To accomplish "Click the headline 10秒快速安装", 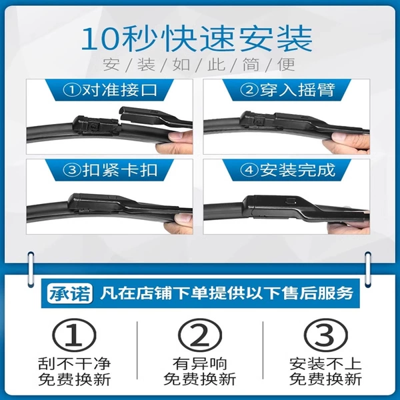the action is click(x=197, y=39).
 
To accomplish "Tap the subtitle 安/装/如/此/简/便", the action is click(x=199, y=65).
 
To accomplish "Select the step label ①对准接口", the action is click(x=110, y=90).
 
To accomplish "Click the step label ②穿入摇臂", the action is click(x=287, y=90).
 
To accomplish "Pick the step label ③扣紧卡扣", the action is click(x=110, y=170).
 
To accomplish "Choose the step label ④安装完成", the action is click(x=287, y=170).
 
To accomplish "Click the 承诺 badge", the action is click(x=69, y=293).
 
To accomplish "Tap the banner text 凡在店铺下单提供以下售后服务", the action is click(x=227, y=293).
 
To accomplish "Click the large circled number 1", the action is click(x=74, y=335).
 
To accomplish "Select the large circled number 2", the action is click(x=200, y=335).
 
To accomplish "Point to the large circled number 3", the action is click(x=326, y=335).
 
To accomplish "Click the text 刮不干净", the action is click(x=74, y=363).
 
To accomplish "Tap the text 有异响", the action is click(x=200, y=363).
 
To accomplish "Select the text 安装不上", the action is click(x=325, y=363).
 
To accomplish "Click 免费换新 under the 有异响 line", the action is click(x=200, y=379).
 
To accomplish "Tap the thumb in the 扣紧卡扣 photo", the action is click(x=183, y=217).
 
